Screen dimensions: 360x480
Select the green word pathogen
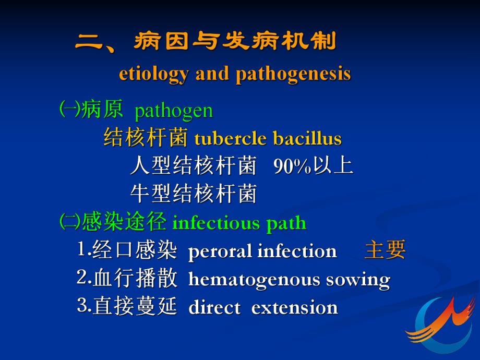[x=174, y=111]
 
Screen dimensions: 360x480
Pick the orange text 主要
[x=385, y=250]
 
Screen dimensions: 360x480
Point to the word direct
[x=214, y=308]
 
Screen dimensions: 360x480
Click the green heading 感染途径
[x=124, y=223]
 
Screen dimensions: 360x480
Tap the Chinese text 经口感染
[x=135, y=251]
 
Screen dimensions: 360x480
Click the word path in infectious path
[x=286, y=224]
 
